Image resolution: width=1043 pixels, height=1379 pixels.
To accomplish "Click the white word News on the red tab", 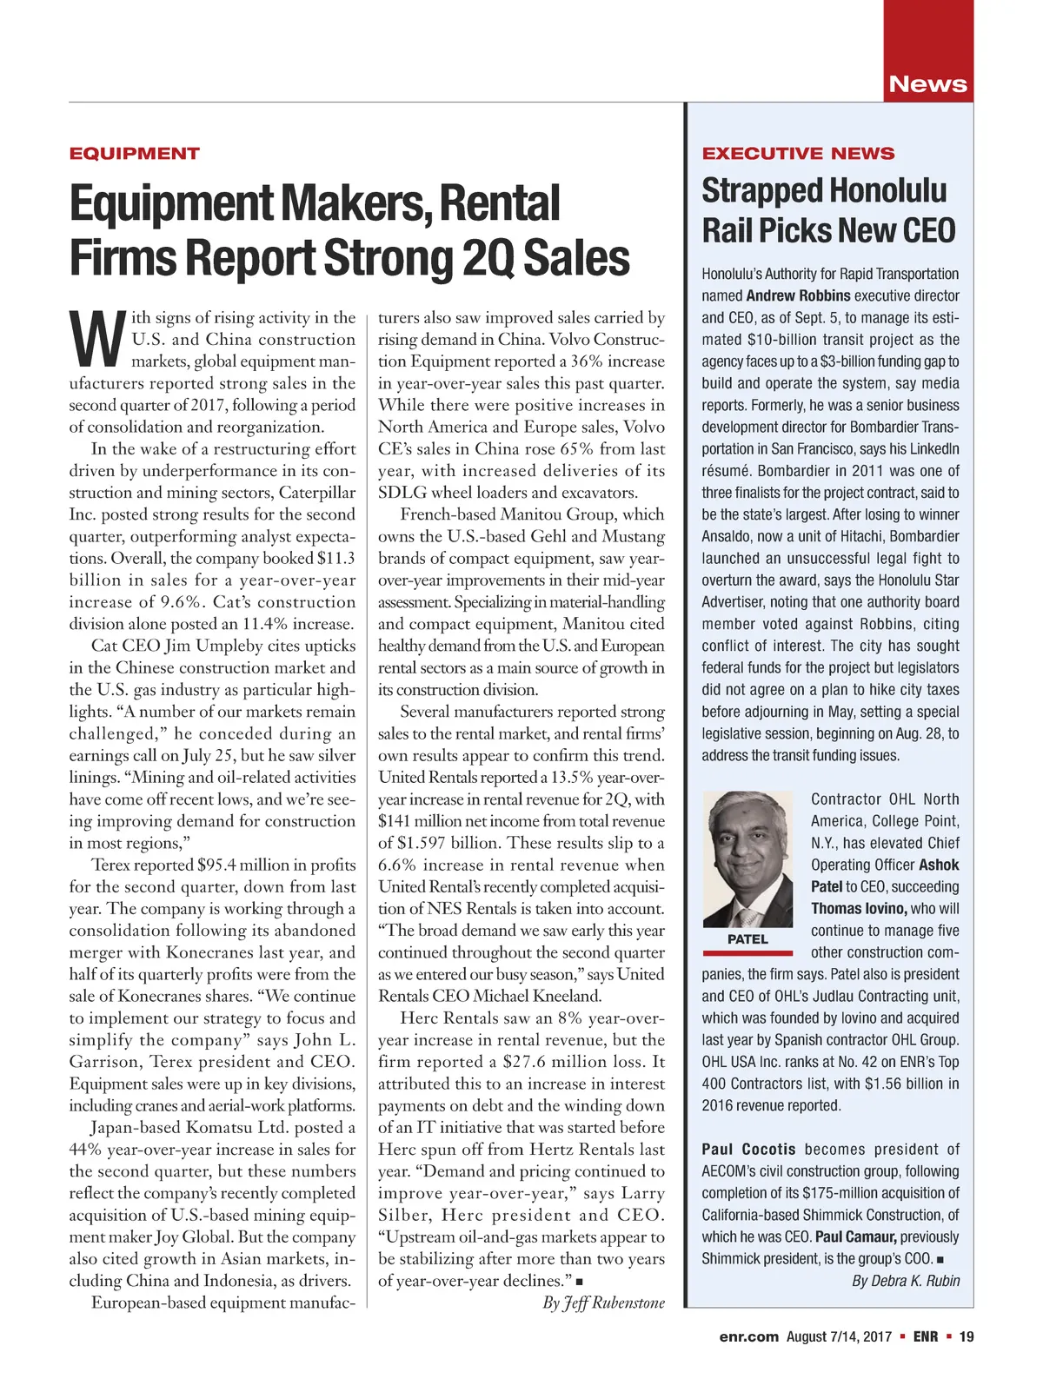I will [x=927, y=84].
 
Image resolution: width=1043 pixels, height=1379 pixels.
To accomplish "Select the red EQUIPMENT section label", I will [x=135, y=154].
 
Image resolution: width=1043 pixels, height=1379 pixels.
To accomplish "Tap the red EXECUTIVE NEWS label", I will [x=798, y=154].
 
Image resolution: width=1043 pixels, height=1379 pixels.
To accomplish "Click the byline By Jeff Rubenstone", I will [x=603, y=1303].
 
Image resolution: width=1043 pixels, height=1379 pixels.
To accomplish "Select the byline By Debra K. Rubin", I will [x=906, y=1281].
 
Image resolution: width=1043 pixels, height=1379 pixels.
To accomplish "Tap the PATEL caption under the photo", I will [x=747, y=939].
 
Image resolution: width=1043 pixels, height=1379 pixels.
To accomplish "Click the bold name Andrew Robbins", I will [x=798, y=296].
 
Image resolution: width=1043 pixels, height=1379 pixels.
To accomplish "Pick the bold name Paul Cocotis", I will [x=748, y=1150].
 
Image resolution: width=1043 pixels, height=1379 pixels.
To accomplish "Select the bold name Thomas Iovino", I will [x=859, y=909].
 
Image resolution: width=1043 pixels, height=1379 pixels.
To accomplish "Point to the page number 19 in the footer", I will [x=966, y=1336].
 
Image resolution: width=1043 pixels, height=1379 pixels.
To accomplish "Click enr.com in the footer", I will [x=748, y=1336].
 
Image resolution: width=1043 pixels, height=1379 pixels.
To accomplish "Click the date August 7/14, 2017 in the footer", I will [x=839, y=1336].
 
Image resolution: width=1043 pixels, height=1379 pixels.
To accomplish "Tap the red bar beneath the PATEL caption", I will [x=747, y=953].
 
